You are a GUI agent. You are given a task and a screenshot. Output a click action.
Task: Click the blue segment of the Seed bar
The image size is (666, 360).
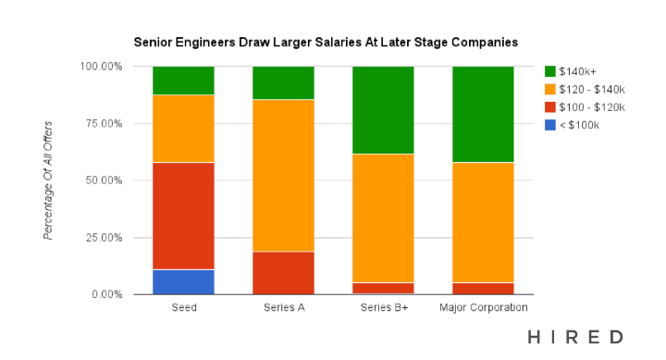(183, 281)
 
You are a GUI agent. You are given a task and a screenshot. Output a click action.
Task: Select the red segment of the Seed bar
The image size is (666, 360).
(183, 216)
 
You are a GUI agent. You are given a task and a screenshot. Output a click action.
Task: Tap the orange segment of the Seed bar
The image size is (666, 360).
(183, 129)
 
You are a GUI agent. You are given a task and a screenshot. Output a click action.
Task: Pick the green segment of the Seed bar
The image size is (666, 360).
(183, 81)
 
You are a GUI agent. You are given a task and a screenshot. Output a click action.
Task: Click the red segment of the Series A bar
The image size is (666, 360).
(283, 273)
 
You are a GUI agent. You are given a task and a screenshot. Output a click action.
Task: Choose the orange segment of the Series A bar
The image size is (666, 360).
(283, 175)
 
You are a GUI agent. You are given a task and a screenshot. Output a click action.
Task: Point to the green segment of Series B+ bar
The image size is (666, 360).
(383, 110)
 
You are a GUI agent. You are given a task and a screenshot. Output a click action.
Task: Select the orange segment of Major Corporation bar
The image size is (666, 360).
(483, 222)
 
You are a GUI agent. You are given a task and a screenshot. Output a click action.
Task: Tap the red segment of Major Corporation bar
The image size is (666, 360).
(483, 288)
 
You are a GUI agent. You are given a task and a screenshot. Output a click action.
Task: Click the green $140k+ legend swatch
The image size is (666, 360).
(551, 71)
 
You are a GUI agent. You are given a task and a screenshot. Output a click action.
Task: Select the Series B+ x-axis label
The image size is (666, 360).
(383, 307)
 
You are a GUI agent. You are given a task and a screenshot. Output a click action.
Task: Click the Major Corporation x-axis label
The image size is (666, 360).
(483, 307)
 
